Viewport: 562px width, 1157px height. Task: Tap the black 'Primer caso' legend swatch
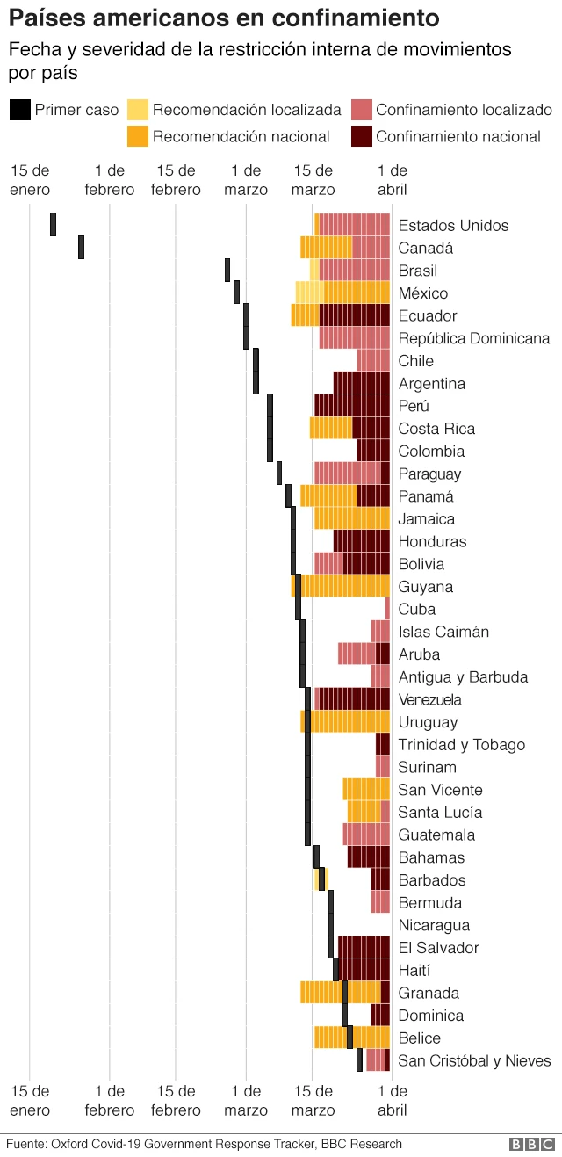pos(19,110)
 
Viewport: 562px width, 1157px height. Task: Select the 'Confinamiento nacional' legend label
pos(458,136)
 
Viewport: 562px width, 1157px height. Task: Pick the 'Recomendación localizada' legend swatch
pos(138,110)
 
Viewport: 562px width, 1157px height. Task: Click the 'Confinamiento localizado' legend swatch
pos(361,110)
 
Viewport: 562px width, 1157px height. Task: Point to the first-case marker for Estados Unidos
pos(53,224)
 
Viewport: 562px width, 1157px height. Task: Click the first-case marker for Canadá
pos(81,247)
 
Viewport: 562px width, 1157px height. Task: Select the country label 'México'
pos(422,293)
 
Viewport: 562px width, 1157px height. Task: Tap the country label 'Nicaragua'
pos(434,925)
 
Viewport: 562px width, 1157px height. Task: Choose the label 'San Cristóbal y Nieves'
pos(474,1060)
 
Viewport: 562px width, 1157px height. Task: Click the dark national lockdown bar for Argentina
pos(361,383)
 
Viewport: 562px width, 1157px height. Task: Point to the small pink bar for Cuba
pos(387,609)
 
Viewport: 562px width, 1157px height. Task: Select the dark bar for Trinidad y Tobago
pos(383,744)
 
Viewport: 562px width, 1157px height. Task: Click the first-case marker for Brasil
pos(227,270)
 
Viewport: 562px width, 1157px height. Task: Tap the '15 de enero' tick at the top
pos(30,179)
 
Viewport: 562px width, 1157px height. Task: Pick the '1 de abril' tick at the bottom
pos(392,1101)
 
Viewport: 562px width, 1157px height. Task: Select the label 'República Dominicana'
pos(474,338)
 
